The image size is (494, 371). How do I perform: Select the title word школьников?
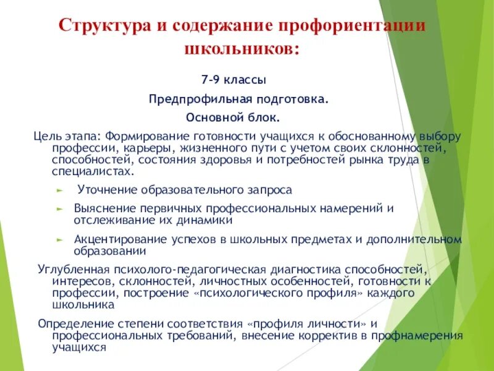tap(241, 49)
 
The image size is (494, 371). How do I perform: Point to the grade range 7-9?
tap(211, 80)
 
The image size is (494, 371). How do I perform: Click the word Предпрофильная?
tap(193, 99)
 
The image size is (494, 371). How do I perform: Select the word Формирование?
tap(142, 135)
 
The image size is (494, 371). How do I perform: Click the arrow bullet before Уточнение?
tap(59, 190)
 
